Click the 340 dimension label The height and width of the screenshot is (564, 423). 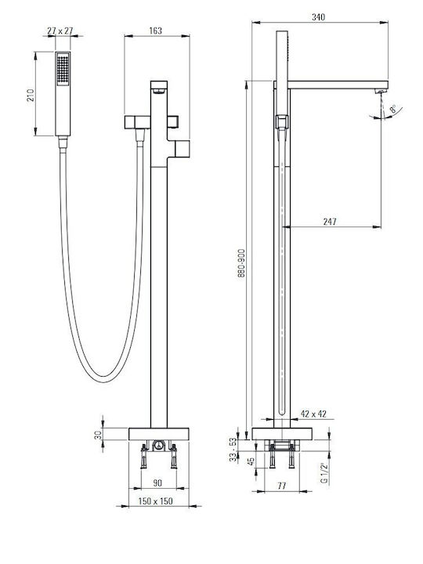(318, 17)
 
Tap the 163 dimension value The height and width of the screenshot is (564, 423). (155, 31)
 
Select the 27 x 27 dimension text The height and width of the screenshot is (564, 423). (60, 31)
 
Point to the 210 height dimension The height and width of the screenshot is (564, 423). (31, 95)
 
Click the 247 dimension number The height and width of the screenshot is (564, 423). (330, 222)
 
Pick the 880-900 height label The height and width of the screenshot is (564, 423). (241, 263)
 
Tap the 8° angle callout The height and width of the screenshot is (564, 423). (393, 109)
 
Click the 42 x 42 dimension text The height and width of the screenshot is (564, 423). (313, 414)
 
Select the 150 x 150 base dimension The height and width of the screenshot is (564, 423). (156, 501)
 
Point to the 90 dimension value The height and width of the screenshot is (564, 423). (157, 483)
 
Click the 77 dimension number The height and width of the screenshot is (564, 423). (282, 486)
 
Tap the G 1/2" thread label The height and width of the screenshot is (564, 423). (325, 473)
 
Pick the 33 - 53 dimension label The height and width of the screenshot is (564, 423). (233, 450)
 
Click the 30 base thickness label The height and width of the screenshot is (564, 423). (98, 436)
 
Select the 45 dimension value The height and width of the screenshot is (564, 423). (251, 461)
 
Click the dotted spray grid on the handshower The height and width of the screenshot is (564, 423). (63, 69)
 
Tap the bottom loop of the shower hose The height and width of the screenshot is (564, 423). (104, 379)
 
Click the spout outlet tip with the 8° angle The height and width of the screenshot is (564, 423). (381, 92)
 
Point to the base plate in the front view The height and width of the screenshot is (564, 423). (158, 434)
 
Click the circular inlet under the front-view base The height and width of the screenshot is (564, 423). (158, 446)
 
